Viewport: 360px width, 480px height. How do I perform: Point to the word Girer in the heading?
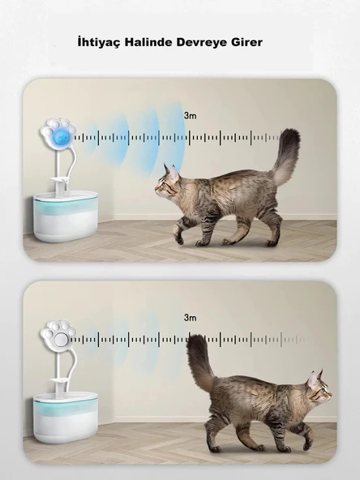[246, 42]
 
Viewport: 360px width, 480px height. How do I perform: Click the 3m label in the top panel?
[190, 116]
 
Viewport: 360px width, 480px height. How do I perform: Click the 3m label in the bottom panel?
[190, 318]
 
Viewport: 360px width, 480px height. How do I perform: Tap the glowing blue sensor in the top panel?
[63, 138]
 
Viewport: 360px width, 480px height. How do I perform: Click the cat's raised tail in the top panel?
[286, 156]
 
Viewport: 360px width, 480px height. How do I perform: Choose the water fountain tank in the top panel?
[66, 216]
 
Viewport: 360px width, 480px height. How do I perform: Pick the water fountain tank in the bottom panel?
[66, 418]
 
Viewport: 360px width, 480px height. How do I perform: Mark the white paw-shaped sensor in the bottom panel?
[58, 336]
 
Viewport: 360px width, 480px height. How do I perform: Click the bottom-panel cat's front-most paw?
[307, 444]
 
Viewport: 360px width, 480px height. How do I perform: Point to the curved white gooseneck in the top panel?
[71, 165]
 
